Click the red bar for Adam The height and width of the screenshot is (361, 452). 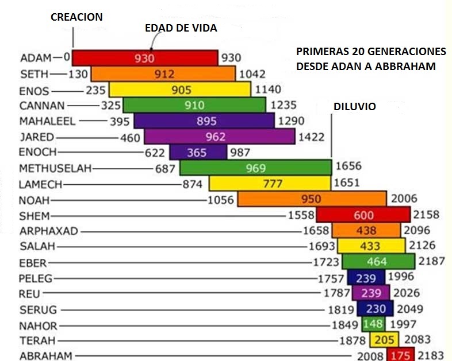[144, 58]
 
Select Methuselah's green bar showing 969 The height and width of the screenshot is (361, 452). [255, 168]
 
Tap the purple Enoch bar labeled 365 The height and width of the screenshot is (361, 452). [198, 152]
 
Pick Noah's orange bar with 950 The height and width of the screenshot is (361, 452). [311, 199]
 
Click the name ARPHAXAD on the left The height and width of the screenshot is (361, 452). [48, 231]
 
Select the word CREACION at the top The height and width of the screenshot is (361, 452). [76, 17]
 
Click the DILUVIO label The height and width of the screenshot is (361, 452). [354, 107]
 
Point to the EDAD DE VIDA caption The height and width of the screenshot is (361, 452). [181, 28]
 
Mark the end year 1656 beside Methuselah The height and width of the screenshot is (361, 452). [348, 166]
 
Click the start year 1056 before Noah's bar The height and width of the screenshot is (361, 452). [221, 200]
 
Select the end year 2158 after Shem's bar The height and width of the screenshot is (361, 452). [426, 215]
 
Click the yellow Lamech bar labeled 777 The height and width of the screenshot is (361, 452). [269, 184]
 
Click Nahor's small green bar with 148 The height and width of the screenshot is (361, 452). [370, 324]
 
